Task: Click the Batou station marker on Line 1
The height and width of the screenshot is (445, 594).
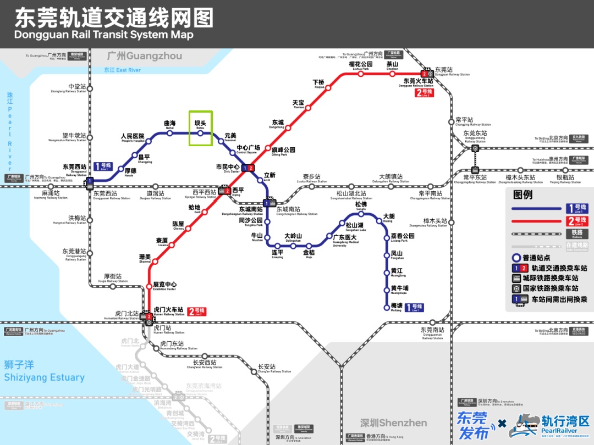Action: click(200, 133)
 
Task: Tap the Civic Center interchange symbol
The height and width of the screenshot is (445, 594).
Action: click(248, 168)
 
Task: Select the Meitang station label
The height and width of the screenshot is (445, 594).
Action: click(397, 307)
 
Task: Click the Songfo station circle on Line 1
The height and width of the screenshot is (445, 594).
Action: click(361, 214)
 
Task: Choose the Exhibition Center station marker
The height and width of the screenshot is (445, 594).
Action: click(148, 285)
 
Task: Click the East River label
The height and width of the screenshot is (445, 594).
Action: click(123, 70)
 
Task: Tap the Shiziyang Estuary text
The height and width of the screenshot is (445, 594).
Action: click(44, 372)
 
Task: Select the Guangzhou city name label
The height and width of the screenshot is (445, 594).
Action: click(145, 56)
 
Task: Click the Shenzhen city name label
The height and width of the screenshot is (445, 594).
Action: click(393, 423)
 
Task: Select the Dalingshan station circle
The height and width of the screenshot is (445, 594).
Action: click(294, 245)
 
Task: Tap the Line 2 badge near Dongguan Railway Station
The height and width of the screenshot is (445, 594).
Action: click(425, 93)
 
